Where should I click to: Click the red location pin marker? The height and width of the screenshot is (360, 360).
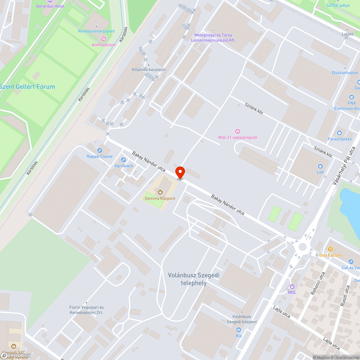click(180, 172)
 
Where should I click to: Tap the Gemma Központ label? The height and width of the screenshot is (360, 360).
click(160, 198)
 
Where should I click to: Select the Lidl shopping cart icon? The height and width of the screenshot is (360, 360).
click(320, 166)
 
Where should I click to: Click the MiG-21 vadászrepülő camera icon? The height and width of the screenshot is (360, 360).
click(238, 131)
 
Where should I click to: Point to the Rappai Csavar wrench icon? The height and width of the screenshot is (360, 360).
click(100, 150)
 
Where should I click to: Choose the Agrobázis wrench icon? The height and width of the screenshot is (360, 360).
click(123, 160)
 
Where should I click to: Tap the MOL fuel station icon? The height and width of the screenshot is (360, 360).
click(292, 287)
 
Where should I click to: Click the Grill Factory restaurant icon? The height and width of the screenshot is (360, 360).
click(330, 249)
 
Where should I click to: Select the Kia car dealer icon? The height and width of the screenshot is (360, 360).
click(238, 330)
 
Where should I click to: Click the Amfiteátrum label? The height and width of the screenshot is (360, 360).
click(103, 45)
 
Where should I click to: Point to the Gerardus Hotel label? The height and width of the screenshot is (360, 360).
click(50, 6)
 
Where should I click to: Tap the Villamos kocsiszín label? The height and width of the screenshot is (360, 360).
click(149, 69)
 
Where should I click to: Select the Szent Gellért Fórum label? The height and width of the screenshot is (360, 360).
click(27, 86)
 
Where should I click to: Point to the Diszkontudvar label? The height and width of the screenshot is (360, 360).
click(345, 73)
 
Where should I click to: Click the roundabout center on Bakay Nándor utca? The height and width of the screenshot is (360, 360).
click(303, 247)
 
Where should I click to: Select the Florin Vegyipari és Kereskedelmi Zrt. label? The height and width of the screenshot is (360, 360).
click(86, 310)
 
